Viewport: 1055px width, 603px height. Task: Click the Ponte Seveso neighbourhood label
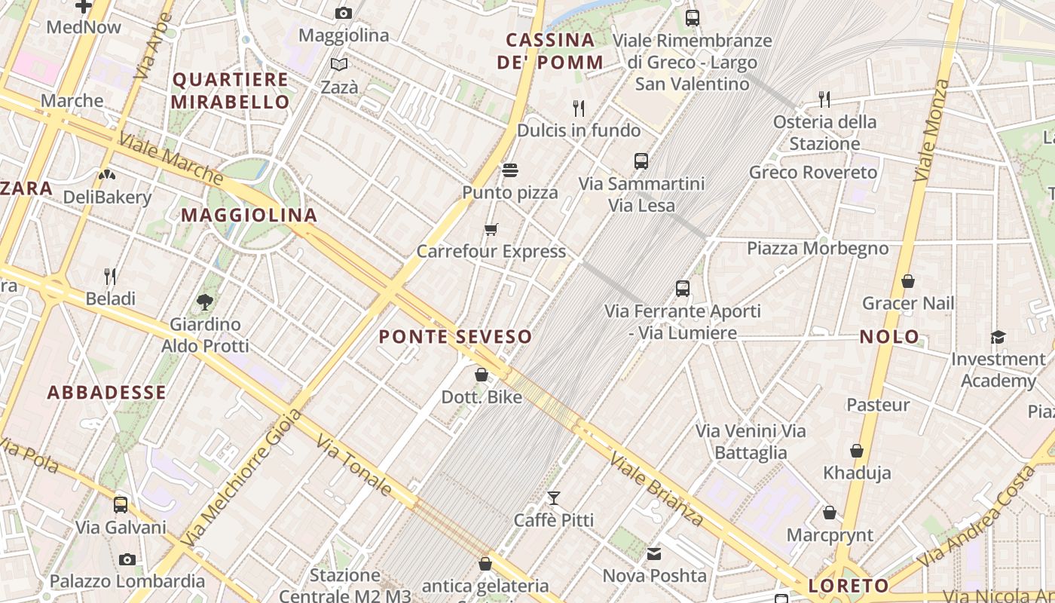[x=455, y=336]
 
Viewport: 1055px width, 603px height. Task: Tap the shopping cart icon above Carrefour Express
[x=491, y=229]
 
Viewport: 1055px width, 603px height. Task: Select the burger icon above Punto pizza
[x=510, y=170]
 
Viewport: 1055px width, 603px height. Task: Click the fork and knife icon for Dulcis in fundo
[x=579, y=108]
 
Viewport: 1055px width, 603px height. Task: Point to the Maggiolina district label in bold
[x=249, y=215]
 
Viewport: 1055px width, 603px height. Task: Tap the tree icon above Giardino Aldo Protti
[x=204, y=302]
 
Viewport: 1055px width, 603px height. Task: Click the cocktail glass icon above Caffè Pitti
[x=554, y=497]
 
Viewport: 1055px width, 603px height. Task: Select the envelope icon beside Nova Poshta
[x=654, y=554]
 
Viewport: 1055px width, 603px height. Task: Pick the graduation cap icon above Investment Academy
[x=998, y=337]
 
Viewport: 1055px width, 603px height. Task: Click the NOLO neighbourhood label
[x=889, y=336]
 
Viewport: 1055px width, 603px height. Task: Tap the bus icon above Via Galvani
[x=121, y=505]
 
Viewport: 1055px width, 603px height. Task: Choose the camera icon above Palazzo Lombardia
[x=127, y=559]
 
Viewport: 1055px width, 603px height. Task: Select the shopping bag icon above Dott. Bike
[x=482, y=374]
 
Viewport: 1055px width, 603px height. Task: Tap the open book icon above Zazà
[x=339, y=65]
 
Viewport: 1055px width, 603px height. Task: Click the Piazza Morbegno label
[x=817, y=248]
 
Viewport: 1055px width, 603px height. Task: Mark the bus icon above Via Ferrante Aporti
[x=683, y=288]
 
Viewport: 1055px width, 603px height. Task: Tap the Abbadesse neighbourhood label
[x=106, y=392]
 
